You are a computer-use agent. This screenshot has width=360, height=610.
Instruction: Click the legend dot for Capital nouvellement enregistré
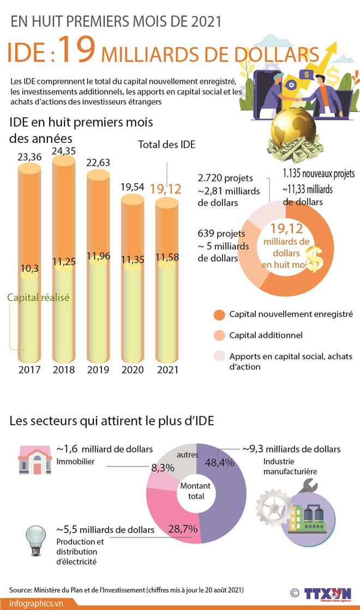click(219, 315)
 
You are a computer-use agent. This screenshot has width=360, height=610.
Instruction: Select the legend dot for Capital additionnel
click(219, 335)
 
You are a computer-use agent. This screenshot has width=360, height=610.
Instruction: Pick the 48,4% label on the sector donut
click(220, 463)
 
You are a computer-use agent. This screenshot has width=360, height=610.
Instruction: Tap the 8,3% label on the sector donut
click(163, 468)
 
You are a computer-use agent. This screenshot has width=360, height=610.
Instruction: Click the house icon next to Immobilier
click(35, 461)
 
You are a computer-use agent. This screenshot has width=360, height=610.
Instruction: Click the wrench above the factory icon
click(308, 487)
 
